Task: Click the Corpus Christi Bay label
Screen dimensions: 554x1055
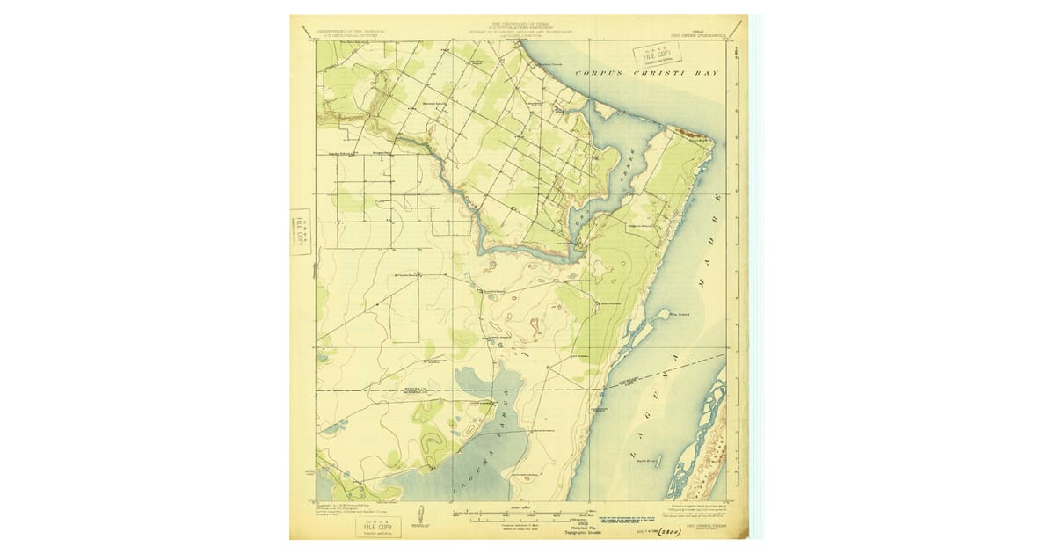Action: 646,72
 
